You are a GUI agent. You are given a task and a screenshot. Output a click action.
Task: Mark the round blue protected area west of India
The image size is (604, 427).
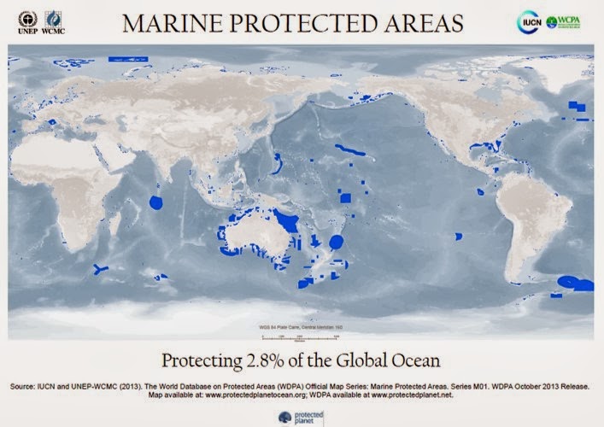(156, 202)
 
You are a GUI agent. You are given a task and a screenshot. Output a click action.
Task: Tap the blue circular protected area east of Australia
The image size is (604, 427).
(336, 242)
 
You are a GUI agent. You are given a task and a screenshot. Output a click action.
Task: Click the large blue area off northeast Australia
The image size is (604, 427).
(292, 223)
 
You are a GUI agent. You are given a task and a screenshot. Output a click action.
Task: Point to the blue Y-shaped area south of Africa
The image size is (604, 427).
(101, 269)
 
